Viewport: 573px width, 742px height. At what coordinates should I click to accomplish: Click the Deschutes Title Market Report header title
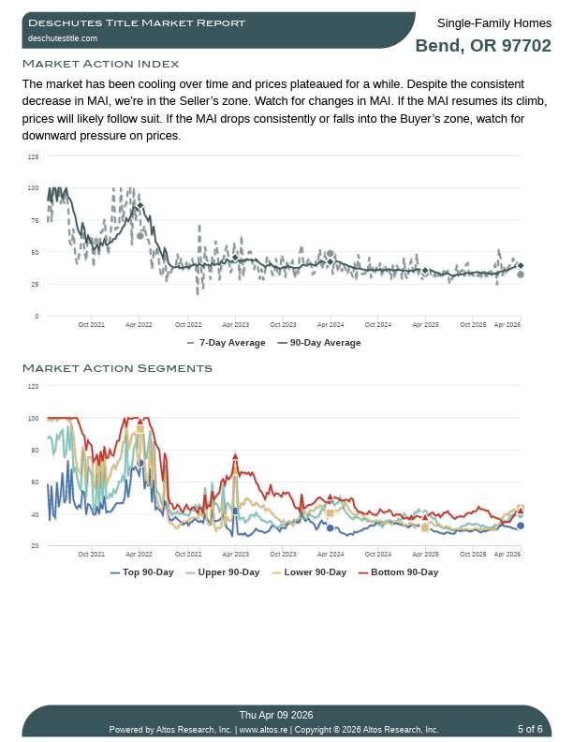[137, 22]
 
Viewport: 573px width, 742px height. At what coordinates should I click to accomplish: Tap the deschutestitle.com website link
[63, 38]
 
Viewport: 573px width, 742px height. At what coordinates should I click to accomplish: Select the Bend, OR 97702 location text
[482, 46]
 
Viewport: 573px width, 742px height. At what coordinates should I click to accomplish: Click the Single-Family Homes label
[493, 22]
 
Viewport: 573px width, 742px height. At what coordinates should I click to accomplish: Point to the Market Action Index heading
[100, 64]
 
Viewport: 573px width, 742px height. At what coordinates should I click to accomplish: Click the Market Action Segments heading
[117, 368]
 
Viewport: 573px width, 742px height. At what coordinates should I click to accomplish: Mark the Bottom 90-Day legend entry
[404, 572]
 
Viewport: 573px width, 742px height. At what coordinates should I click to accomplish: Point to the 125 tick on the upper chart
[34, 156]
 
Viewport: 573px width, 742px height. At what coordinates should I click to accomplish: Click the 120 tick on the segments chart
[34, 386]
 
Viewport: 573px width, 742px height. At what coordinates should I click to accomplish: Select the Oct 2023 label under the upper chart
[283, 325]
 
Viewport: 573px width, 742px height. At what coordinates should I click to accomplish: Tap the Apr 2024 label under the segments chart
[331, 555]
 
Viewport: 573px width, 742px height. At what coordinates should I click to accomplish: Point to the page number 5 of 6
[530, 729]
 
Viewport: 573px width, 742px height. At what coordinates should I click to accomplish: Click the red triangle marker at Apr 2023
[235, 456]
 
